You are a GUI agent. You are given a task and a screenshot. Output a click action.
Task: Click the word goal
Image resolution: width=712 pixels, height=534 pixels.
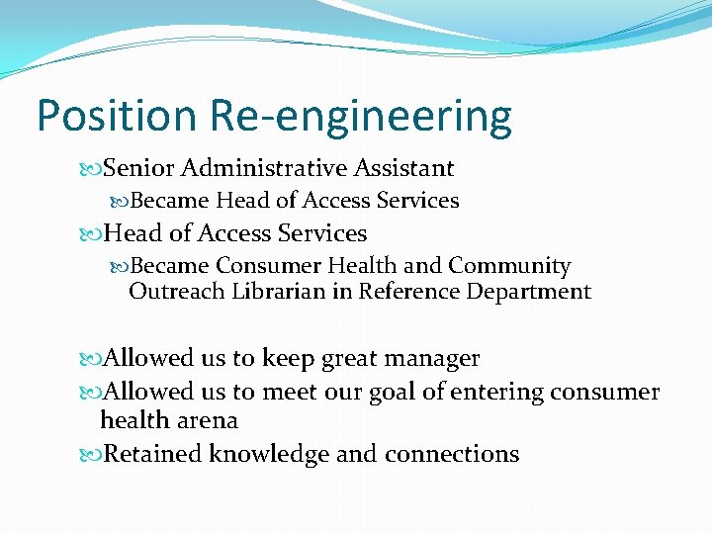click(393, 393)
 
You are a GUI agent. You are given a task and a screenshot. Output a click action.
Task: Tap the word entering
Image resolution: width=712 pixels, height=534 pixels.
click(494, 393)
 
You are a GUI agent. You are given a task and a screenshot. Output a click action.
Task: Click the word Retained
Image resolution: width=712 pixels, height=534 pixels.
click(153, 454)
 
